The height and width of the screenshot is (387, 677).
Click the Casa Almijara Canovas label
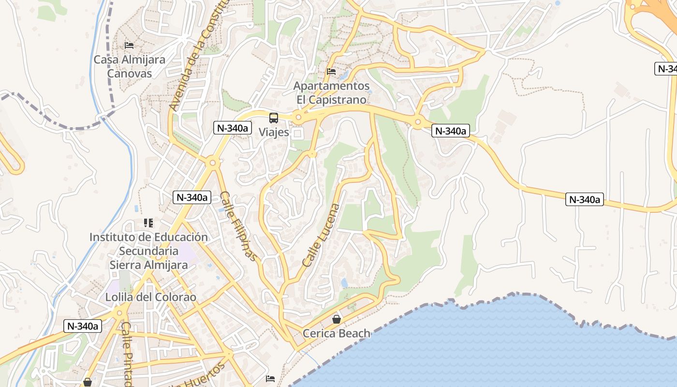(129, 67)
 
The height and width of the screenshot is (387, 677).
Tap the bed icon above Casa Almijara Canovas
(129, 45)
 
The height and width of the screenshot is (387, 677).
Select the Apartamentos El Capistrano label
(332, 93)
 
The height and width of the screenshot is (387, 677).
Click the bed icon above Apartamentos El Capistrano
(331, 72)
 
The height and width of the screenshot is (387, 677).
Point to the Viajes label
(274, 132)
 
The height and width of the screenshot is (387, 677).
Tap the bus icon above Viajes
(274, 118)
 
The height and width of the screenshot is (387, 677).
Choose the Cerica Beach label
(337, 333)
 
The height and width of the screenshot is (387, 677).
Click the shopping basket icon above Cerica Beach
(337, 319)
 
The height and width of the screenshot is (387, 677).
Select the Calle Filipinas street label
(237, 226)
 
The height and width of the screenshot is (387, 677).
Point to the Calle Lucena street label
(321, 236)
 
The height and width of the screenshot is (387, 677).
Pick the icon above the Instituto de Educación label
(148, 223)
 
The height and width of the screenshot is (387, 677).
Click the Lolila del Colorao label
(151, 297)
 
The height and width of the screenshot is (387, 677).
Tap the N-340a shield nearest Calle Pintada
(83, 326)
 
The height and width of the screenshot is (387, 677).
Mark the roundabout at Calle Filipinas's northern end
(212, 163)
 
